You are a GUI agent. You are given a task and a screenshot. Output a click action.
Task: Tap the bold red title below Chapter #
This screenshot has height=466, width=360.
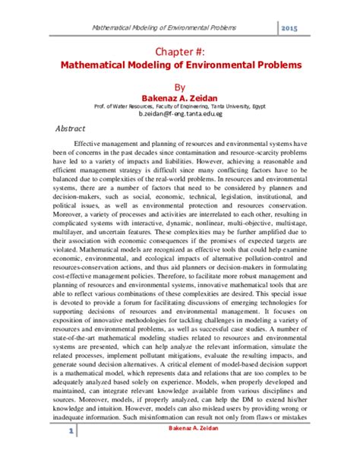180,65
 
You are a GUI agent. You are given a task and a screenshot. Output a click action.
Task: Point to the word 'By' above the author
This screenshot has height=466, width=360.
180,87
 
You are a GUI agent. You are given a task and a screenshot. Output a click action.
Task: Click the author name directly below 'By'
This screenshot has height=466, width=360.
180,97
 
